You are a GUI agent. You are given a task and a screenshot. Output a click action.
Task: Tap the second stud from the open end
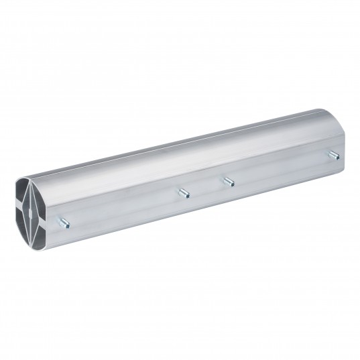tap(183, 193)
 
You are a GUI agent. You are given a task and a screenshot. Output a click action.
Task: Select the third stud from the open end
tap(228, 181)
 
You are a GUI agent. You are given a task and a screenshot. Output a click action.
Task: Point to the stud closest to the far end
tap(331, 156)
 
